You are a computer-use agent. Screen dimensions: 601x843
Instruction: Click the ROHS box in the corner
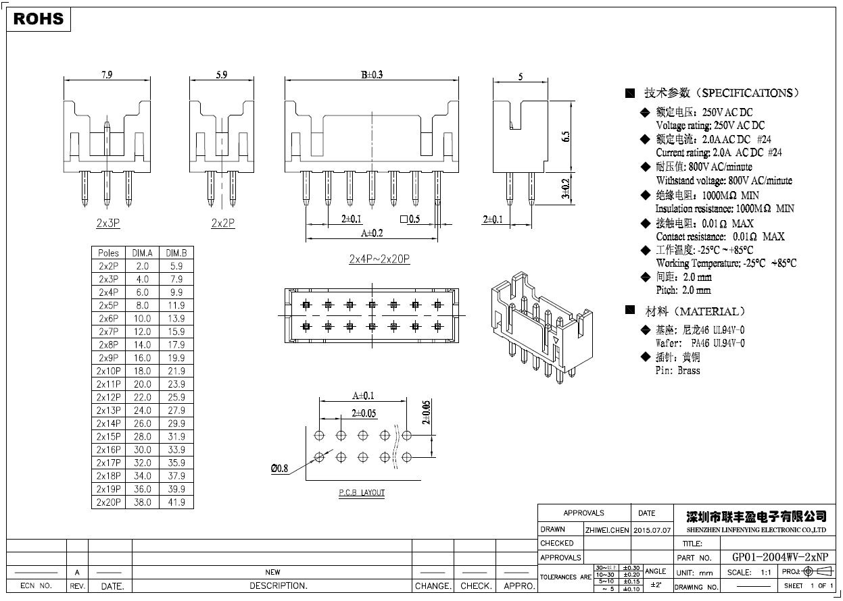[39, 19]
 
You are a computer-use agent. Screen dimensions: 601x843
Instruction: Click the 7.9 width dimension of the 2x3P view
[106, 75]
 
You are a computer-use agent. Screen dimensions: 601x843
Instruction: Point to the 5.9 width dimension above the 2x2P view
[221, 75]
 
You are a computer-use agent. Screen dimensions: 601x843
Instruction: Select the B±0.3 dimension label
[371, 75]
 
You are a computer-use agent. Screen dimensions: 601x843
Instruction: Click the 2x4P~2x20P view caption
[379, 259]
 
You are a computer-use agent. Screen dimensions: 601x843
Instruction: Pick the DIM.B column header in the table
[176, 253]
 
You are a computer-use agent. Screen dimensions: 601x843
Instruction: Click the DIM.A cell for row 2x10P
[142, 371]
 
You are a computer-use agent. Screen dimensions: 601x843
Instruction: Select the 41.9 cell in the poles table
[176, 502]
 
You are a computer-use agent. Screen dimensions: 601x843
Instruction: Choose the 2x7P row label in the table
[108, 332]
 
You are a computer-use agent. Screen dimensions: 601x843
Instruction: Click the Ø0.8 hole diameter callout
[279, 468]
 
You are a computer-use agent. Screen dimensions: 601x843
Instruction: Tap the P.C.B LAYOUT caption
[362, 493]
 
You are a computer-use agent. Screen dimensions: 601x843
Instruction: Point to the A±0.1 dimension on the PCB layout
[363, 396]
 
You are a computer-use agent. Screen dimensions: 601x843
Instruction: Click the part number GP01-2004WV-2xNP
[779, 557]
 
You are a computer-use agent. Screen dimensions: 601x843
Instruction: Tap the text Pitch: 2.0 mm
[683, 290]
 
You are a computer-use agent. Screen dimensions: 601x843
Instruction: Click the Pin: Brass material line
[678, 371]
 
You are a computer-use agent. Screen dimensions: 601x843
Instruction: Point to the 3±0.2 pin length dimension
[567, 189]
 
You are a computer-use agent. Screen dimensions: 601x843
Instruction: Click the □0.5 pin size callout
[410, 219]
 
